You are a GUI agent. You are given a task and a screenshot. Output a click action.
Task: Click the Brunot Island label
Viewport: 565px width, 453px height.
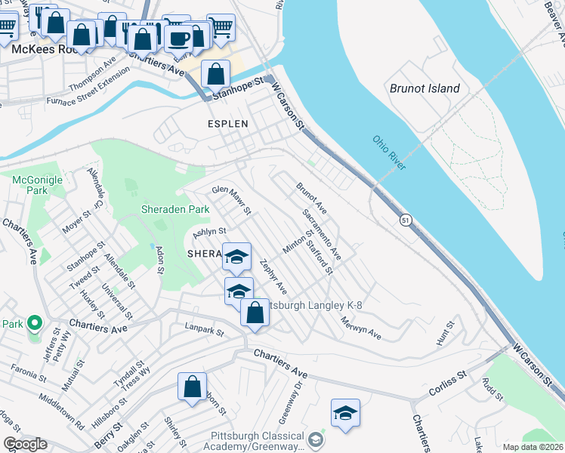click(x=425, y=88)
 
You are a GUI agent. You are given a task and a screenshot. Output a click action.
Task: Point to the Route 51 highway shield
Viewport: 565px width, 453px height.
click(x=406, y=219)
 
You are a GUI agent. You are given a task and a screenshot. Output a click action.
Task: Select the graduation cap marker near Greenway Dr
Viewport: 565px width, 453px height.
click(x=345, y=412)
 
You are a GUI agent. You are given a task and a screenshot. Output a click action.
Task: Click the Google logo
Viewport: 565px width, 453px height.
click(x=25, y=444)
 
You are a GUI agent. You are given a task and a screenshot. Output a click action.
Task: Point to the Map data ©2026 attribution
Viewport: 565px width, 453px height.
click(x=532, y=447)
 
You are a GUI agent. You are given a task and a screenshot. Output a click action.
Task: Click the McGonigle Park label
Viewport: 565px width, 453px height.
click(x=29, y=185)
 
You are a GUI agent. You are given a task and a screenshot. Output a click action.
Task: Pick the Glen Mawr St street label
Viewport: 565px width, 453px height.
click(x=231, y=200)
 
